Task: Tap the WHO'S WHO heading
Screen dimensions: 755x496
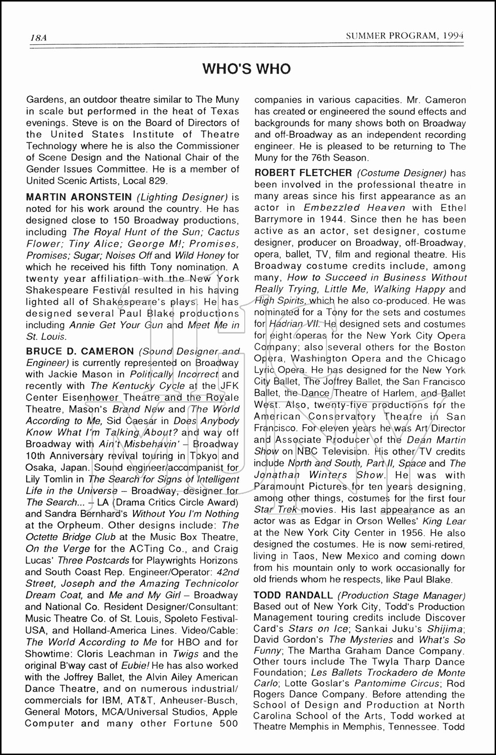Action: (x=247, y=69)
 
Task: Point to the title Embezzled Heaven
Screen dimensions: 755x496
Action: (x=354, y=208)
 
